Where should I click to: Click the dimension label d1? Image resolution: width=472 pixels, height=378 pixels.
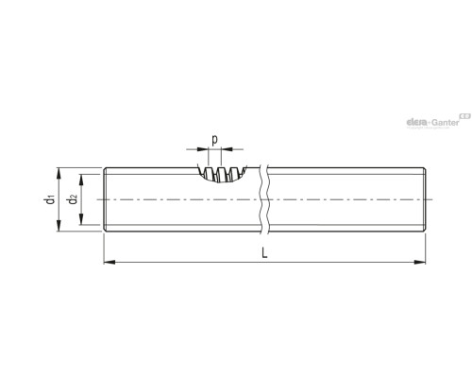50,199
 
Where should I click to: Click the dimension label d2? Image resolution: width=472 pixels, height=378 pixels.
73,199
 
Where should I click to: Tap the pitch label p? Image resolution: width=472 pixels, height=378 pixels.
214,140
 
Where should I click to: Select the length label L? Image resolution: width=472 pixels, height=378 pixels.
264,253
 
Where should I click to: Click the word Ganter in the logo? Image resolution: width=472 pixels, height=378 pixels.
446,122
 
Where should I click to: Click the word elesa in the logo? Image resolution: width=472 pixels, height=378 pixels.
417,122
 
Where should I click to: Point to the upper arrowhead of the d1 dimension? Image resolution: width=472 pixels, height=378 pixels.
59,173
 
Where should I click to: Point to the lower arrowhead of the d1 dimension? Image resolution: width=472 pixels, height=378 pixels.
59,226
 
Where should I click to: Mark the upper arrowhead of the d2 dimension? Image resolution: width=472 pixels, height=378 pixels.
81,180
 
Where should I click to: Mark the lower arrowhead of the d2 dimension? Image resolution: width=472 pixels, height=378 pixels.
81,219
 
